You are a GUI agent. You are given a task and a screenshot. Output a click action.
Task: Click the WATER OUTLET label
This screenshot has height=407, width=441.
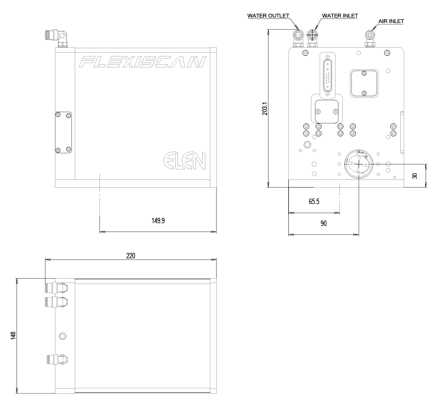click(268, 16)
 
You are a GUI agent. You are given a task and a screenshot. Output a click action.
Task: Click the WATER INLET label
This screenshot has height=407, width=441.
click(340, 16)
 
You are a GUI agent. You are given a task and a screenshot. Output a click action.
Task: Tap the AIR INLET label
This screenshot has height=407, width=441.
click(391, 21)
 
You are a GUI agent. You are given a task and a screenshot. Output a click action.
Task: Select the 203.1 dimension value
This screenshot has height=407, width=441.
click(264, 109)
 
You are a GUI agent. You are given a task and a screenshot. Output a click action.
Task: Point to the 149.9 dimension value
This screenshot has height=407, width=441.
click(158, 221)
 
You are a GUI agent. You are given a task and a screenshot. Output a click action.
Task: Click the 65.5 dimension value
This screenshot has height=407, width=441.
click(314, 201)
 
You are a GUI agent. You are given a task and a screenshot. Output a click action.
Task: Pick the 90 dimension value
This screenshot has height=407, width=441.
click(323, 223)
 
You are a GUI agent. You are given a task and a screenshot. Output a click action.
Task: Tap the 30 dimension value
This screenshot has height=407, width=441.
click(415, 176)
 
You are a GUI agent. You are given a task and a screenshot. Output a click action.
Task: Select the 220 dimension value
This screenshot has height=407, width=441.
click(131, 256)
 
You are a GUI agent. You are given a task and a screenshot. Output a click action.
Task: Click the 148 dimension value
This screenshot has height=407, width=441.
click(13, 336)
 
